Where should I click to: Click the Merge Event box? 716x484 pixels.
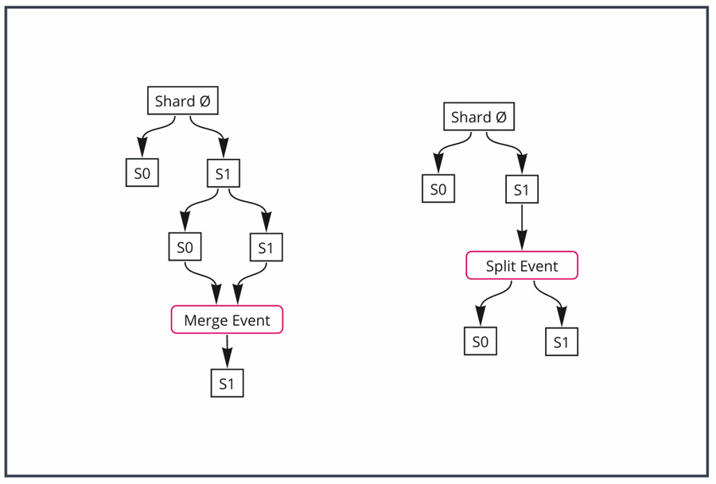[x=227, y=320]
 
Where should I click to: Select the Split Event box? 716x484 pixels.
[x=521, y=266]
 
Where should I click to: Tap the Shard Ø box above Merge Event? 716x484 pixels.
[x=183, y=102]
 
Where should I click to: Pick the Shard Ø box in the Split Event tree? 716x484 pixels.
[x=478, y=118]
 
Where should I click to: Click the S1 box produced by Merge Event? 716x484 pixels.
[x=227, y=384]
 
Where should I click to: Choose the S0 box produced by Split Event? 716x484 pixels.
[x=480, y=343]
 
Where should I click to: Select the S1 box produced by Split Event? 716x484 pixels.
[x=561, y=343]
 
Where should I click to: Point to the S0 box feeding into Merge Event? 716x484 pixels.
[x=185, y=247]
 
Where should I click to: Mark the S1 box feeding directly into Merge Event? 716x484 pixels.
[x=266, y=247]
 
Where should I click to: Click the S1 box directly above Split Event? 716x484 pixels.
[x=521, y=190]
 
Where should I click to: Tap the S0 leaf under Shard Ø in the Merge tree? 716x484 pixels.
[x=142, y=174]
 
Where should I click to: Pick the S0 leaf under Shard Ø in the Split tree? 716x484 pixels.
[x=438, y=190]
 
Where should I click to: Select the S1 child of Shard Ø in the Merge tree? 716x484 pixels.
[x=223, y=174]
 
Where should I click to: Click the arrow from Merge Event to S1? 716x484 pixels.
[x=227, y=350]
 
